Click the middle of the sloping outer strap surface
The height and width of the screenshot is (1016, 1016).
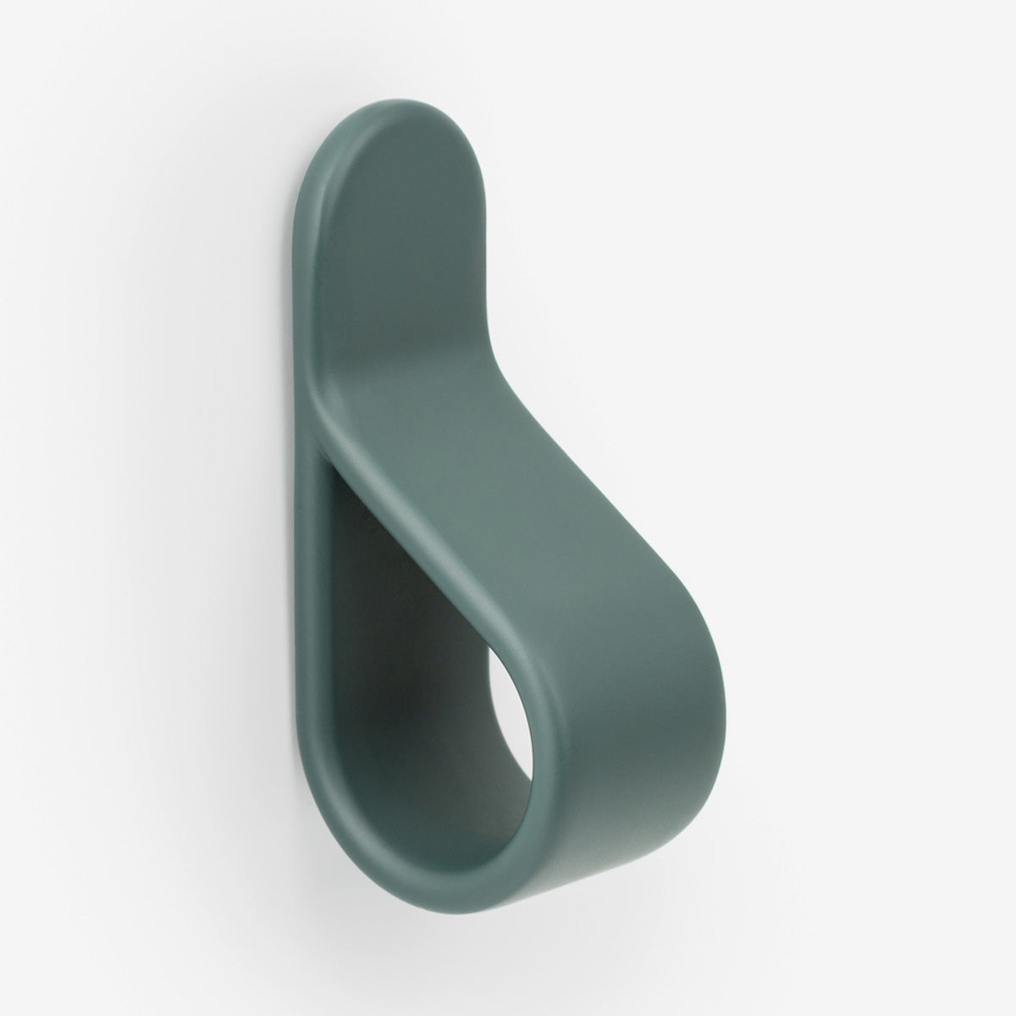(542, 542)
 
